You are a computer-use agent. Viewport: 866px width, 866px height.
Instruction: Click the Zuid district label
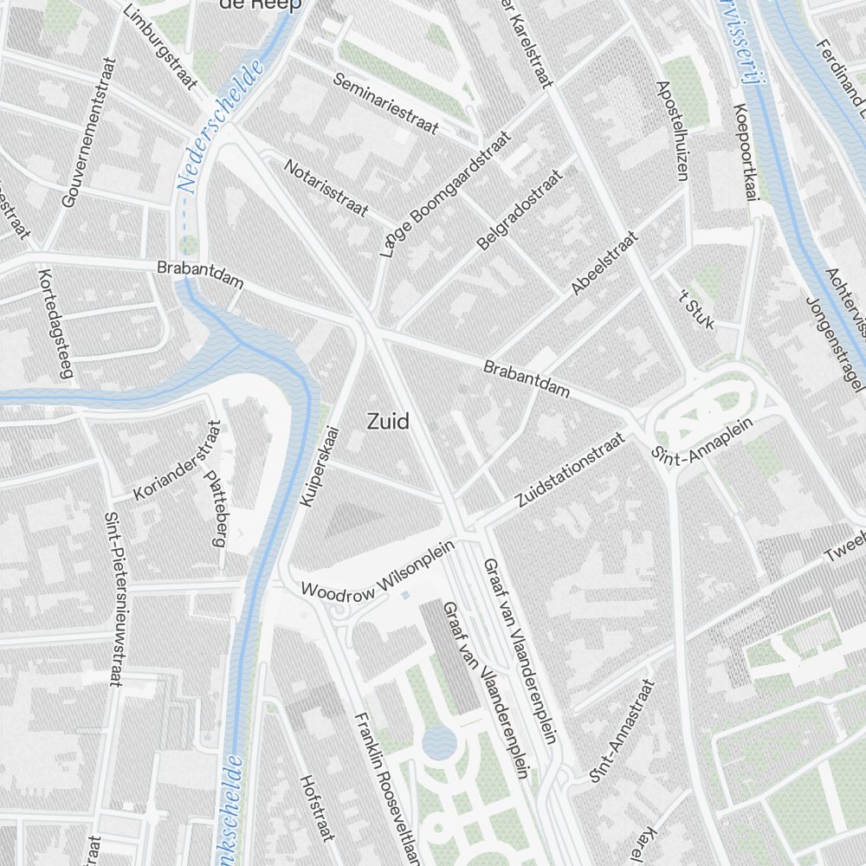388,422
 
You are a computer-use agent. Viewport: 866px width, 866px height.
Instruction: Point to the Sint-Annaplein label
702,441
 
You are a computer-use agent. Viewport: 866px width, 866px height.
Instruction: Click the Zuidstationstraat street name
569,471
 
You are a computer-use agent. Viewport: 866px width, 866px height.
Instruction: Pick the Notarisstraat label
326,187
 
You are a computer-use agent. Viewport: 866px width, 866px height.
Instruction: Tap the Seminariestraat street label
385,102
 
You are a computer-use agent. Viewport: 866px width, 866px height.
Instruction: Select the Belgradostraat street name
519,210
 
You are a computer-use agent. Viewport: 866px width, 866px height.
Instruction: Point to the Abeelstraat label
604,263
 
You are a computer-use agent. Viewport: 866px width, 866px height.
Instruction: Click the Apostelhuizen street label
672,131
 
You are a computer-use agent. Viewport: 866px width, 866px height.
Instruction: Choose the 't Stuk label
697,309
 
